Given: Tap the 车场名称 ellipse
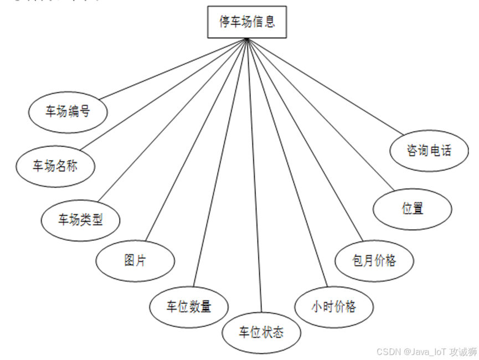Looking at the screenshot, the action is point(55,166).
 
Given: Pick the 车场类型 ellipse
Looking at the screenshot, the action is point(81,220).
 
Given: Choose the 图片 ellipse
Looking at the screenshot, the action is point(135,260).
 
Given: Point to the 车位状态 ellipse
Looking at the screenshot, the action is point(261,332).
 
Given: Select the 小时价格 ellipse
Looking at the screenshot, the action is point(334,306).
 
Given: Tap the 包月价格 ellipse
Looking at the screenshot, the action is point(374,260).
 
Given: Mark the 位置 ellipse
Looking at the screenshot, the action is point(413,209).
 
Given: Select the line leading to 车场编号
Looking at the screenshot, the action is point(173,69).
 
